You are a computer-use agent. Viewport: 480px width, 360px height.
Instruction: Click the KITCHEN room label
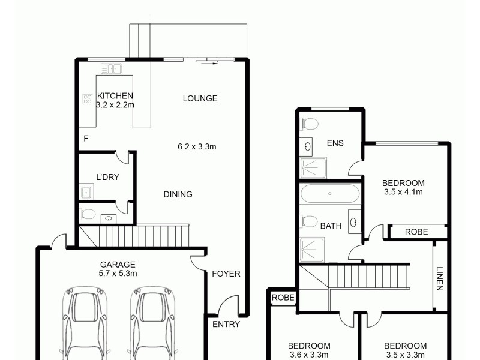point(115,95)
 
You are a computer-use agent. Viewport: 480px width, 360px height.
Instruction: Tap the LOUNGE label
point(200,98)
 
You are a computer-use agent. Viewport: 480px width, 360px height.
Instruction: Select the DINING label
point(178,194)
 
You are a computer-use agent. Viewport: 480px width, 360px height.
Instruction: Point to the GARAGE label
point(117,264)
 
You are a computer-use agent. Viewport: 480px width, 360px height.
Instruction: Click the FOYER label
point(226,274)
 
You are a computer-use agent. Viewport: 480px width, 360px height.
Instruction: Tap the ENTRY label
point(226,324)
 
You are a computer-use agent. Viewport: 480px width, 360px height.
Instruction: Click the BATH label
point(331,226)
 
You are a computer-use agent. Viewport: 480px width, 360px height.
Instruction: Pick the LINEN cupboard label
point(440,279)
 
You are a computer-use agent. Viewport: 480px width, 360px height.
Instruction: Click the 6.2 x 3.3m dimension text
point(197,146)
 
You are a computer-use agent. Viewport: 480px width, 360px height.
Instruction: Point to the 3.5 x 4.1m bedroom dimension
point(404,192)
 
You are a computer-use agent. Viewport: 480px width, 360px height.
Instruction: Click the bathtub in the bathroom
point(329,194)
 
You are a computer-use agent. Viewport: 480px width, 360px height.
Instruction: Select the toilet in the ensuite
point(310,124)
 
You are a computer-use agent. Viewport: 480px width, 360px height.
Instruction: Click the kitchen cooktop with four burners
point(87,100)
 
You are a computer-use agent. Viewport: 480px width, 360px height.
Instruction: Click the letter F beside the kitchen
point(86,139)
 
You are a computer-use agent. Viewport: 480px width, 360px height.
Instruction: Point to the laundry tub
point(86,192)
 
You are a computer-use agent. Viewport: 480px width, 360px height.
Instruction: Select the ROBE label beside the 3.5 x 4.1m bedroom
point(416,231)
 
